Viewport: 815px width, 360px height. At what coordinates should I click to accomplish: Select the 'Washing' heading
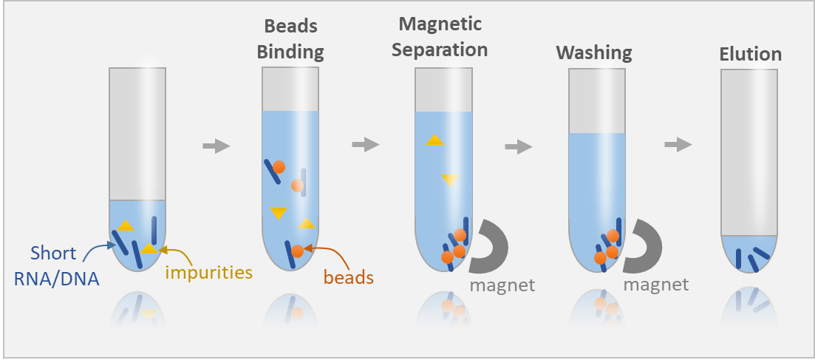594,52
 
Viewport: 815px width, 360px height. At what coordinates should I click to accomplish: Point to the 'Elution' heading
750,54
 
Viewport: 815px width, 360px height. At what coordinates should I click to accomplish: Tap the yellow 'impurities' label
209,272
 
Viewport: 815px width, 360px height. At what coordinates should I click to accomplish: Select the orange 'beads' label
348,277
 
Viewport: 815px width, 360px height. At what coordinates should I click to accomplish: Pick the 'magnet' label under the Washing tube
655,284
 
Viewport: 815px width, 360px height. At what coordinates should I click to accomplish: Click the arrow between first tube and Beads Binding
216,146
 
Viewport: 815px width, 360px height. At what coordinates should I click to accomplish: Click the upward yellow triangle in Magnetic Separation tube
434,140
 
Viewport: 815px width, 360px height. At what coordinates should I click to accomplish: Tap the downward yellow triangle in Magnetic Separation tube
450,179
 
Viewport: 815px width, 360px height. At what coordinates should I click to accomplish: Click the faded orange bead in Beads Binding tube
297,185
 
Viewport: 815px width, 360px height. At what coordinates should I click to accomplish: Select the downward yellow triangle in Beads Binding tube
278,213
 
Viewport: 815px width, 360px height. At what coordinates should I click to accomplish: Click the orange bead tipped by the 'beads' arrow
297,251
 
